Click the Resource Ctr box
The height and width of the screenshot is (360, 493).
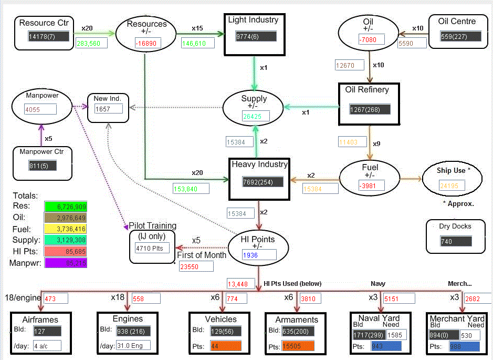(43, 32)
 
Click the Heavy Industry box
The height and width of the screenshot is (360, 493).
(260, 178)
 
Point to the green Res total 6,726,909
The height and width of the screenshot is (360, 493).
(66, 207)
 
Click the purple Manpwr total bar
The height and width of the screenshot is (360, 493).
(66, 262)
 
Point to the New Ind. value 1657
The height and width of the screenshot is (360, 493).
(108, 109)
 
